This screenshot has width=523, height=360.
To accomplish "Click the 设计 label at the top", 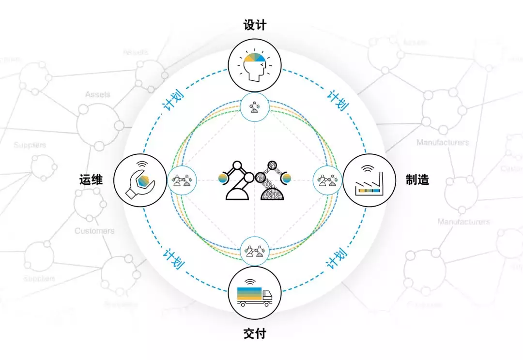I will coord(255,25).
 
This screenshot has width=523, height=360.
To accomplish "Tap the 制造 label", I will coord(417,180).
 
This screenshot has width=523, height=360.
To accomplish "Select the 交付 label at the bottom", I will coord(255,333).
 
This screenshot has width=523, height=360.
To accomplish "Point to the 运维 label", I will coord(91,180).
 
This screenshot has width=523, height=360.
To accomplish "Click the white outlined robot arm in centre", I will coord(237,180).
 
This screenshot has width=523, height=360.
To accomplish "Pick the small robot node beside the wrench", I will coord(181,180).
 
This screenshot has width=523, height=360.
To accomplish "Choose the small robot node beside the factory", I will coord(327,180).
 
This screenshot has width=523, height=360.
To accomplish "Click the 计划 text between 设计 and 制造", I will coord(338,100).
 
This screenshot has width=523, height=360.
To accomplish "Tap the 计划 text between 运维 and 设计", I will coord(171,100).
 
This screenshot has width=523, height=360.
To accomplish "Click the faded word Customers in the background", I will coord(94,231).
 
